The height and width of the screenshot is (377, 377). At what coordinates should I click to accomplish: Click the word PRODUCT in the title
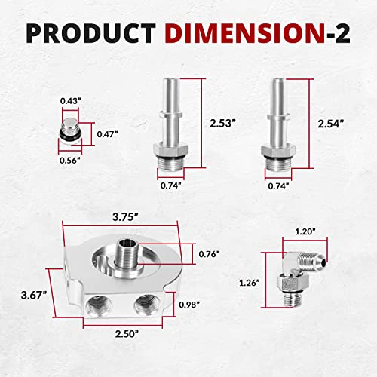(91, 33)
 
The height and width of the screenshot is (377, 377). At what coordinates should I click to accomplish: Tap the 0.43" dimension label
(71, 101)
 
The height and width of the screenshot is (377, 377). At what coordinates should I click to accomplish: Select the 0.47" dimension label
(107, 134)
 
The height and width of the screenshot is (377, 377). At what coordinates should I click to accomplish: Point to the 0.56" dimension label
(70, 161)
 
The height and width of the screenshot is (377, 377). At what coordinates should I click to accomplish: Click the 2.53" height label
(223, 123)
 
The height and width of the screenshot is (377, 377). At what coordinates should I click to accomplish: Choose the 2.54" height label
(330, 124)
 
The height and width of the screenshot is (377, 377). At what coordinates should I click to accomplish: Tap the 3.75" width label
(126, 217)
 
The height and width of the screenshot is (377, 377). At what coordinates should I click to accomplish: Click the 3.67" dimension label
(34, 295)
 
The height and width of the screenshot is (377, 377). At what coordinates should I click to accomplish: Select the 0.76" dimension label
(209, 254)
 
